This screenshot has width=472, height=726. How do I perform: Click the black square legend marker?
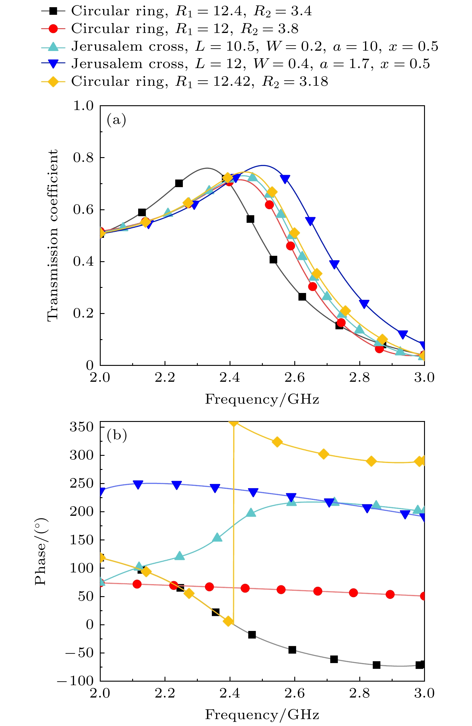coord(53,11)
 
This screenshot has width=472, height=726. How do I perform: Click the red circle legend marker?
coord(53,29)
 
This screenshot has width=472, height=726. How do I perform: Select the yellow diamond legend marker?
coord(53,82)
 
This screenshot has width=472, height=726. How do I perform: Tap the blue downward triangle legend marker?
coord(53,64)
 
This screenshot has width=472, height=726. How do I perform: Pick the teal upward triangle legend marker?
coord(53,46)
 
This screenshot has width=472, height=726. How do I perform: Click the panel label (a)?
coord(116,120)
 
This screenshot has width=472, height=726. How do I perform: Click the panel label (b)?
coord(117,435)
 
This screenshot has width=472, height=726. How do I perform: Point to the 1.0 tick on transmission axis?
coord(83,106)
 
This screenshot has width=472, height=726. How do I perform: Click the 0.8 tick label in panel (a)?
coord(83,158)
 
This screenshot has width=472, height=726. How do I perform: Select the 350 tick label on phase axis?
coord(82,427)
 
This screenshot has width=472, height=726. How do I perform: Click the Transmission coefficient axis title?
coord(52,235)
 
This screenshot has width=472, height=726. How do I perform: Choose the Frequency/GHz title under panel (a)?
coord(262,399)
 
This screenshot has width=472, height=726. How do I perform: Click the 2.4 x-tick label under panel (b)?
coord(230,694)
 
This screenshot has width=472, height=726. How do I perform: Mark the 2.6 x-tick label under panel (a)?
coord(295,378)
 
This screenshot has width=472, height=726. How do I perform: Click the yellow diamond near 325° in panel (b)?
coord(277,442)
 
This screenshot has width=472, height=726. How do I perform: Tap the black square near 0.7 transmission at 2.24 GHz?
coord(179,183)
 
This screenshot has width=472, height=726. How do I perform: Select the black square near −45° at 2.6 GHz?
coord(292,650)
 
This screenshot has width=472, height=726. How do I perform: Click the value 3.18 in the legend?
coord(313,82)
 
